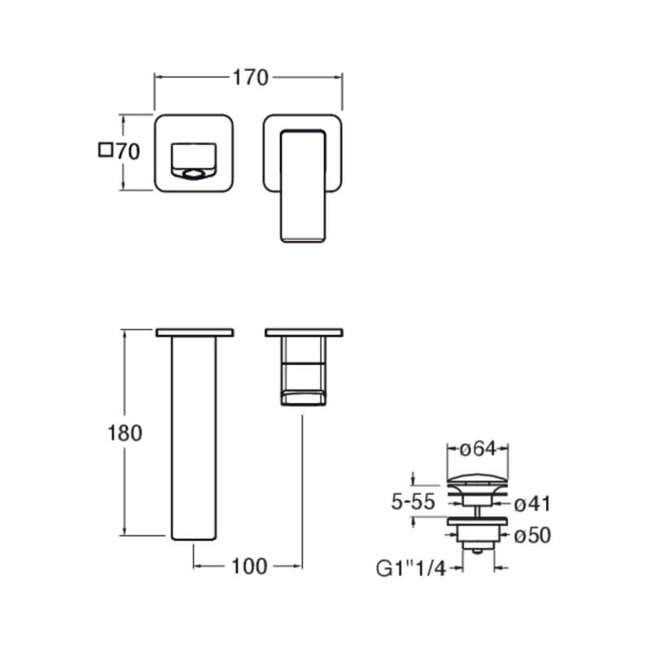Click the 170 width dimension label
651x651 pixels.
tap(251, 77)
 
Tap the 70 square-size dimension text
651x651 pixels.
tap(128, 151)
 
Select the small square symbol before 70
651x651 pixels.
tap(106, 150)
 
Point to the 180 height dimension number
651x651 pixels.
tap(125, 433)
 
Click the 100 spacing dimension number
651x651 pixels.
tap(249, 566)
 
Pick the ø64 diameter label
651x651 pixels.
tap(478, 448)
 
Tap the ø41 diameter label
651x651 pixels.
tap(532, 504)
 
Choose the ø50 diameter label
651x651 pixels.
tap(532, 535)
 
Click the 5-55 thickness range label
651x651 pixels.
tap(413, 502)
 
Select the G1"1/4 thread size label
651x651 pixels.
tap(411, 568)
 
